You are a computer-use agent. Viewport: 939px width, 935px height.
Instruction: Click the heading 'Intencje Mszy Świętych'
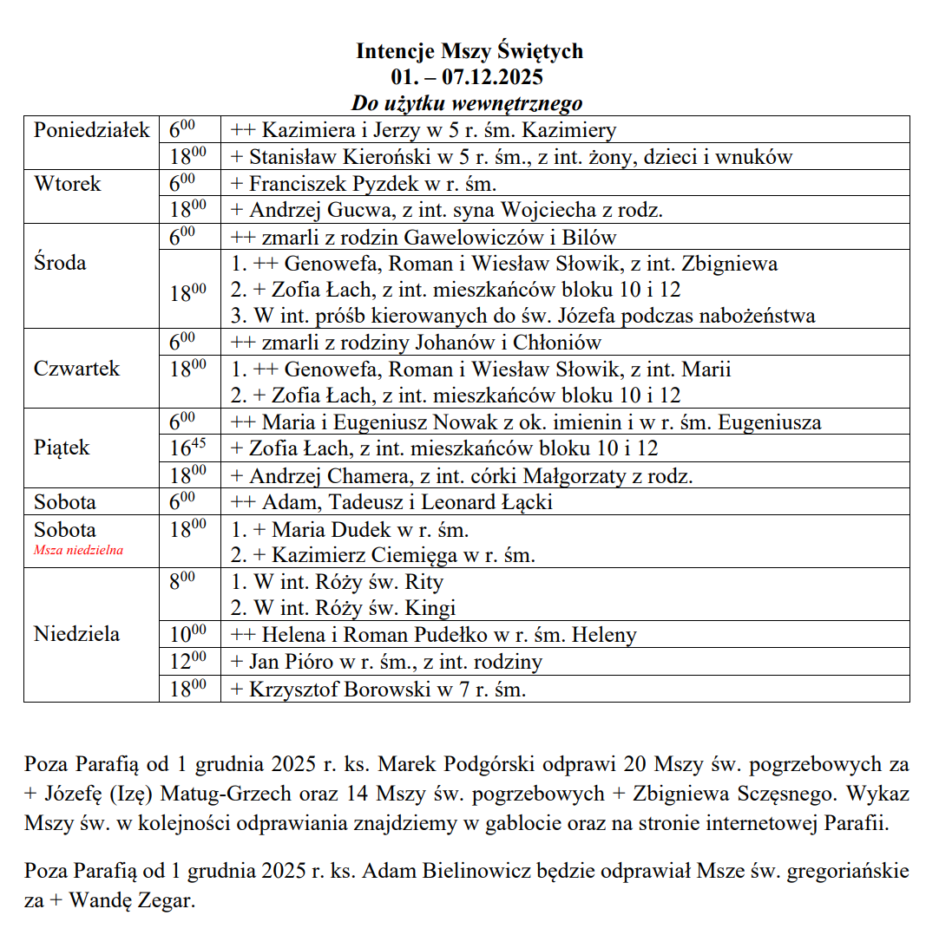tap(469, 51)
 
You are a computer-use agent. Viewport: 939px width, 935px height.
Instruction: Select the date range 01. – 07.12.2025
tap(469, 77)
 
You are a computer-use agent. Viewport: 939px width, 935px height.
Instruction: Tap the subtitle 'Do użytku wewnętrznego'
tap(466, 104)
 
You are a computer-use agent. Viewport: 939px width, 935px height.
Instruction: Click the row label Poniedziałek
tap(92, 131)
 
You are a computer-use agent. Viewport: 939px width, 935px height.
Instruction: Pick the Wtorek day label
tap(68, 184)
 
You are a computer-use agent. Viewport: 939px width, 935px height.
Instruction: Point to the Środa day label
tap(60, 263)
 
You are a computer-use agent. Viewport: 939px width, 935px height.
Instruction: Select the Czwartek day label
tap(77, 369)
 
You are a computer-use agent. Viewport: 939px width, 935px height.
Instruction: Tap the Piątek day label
tap(62, 448)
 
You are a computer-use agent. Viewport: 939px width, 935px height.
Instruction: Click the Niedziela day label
tap(76, 634)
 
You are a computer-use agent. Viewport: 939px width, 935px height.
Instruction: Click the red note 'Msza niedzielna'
tap(78, 550)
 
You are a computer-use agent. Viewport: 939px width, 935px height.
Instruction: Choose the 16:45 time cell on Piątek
tap(187, 448)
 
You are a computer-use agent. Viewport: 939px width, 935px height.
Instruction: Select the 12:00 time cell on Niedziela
tap(187, 662)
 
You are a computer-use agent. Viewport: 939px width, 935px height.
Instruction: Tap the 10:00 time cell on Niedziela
tap(187, 634)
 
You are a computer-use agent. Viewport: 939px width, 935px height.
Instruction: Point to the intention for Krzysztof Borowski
tap(378, 690)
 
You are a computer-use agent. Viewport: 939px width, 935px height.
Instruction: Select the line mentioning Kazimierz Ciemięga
tap(383, 555)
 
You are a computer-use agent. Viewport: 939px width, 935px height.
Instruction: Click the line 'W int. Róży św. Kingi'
tap(343, 608)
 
